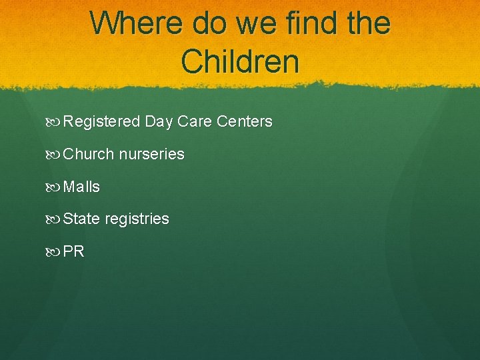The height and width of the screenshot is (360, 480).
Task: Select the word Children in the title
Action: coord(240,61)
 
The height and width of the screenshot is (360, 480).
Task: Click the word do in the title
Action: coord(211,23)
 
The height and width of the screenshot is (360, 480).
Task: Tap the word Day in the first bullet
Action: coord(159,122)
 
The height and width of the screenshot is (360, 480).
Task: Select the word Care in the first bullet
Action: coord(194,122)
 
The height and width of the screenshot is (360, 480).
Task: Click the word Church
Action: coord(89,154)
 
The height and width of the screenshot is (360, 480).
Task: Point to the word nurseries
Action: coord(151,154)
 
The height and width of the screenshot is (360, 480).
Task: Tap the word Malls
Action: coord(81,187)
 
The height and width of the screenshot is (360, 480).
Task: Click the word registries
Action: coord(136,219)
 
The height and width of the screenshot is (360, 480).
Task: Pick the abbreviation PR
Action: coord(74,251)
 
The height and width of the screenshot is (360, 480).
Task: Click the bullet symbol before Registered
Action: coord(53,122)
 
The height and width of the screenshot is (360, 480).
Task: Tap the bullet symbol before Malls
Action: coord(53,187)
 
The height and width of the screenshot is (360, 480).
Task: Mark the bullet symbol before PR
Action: coord(53,251)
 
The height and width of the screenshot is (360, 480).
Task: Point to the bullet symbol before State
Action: coord(53,219)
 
